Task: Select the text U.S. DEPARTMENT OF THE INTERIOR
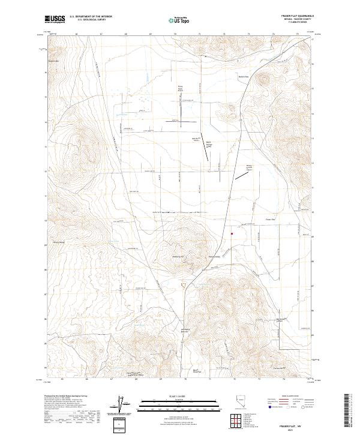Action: pos(91,16)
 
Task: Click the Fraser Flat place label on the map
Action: pos(270,220)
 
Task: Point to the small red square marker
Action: pos(232,234)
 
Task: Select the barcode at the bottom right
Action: pos(350,411)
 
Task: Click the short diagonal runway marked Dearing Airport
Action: pos(242,175)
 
